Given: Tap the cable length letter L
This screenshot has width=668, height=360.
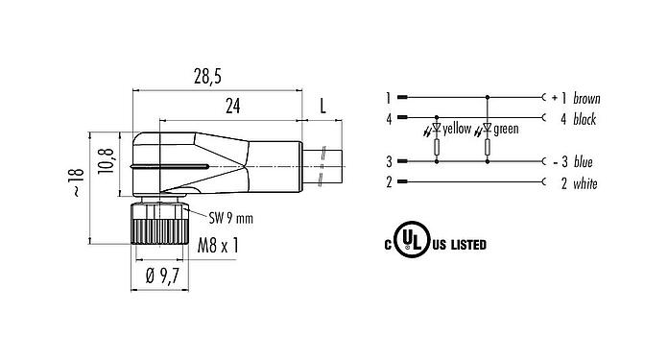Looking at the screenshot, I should [322, 107].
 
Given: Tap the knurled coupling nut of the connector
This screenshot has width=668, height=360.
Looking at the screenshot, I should [155, 228].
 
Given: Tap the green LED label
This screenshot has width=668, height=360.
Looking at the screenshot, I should [507, 129].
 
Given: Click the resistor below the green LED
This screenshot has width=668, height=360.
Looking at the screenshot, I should [489, 148].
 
